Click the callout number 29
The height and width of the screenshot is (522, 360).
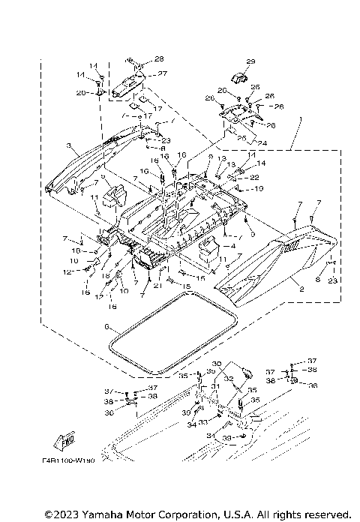coord(250,61)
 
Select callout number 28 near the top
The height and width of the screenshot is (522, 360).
coord(159,58)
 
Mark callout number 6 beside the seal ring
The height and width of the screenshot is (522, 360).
coord(106,328)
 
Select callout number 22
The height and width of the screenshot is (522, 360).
coord(254,177)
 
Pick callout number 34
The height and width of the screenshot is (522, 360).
coord(192,425)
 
